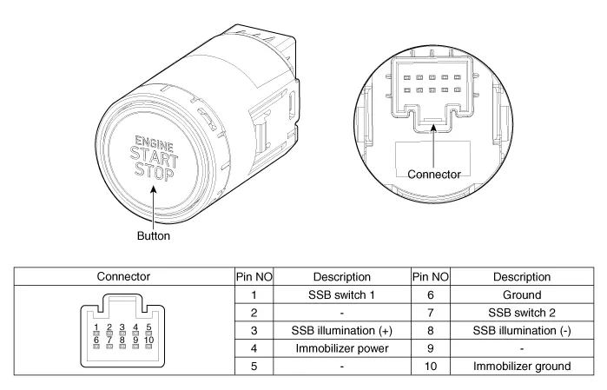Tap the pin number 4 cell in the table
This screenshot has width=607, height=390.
pos(253,348)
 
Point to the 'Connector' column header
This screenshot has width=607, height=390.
pos(122,278)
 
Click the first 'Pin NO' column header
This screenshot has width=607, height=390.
pos(253,278)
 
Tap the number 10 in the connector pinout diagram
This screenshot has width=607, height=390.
pos(149,339)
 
